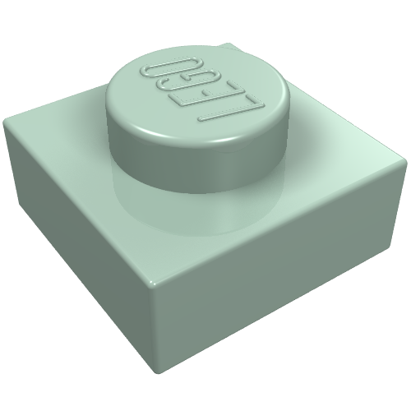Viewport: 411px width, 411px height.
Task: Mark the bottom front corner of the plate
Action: click(159, 372)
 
